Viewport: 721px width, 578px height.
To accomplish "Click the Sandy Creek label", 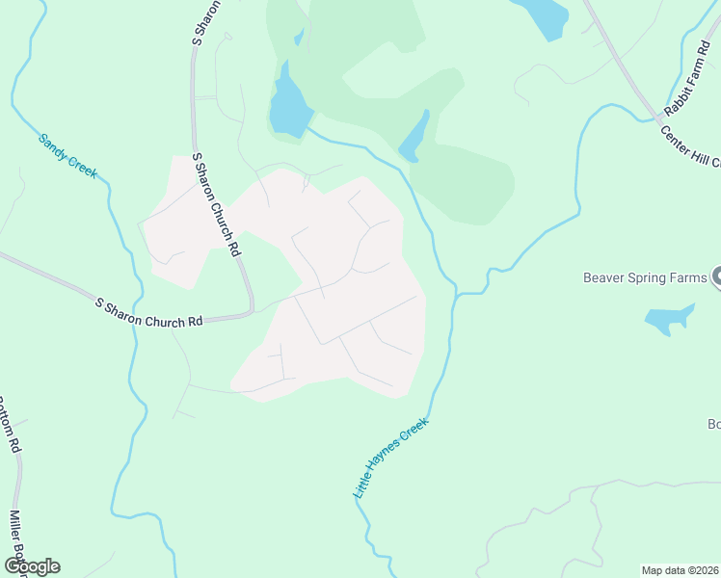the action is (67, 155).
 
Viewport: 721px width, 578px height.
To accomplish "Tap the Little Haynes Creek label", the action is (390, 457).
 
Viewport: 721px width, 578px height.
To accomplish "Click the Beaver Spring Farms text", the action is (645, 278).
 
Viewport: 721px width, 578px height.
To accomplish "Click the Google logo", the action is (32, 566).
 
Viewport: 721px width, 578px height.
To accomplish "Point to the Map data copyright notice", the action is (681, 570).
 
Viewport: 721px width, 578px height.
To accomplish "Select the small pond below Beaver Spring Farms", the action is (669, 319).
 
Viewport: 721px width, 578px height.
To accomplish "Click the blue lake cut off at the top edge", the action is (543, 16).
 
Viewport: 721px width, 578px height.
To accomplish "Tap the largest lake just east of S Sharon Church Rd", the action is (288, 104).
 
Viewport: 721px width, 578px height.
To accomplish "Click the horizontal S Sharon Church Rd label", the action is (149, 312).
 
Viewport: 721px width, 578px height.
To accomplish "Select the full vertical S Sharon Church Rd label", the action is (215, 202).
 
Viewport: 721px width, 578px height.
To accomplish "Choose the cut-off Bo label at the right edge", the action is (713, 424).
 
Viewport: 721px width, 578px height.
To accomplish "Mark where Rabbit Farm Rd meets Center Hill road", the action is (662, 118).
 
